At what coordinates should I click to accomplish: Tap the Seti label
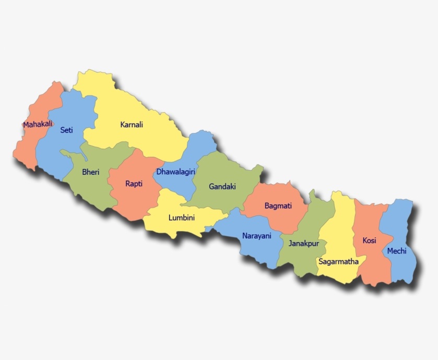click(x=66, y=130)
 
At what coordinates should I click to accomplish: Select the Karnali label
click(x=132, y=125)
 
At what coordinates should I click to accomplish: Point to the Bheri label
click(x=91, y=172)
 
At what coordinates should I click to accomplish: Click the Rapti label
click(x=134, y=183)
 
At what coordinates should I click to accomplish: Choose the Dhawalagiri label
click(x=176, y=171)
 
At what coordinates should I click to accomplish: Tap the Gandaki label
click(x=222, y=186)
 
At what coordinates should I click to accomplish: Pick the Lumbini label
click(x=182, y=218)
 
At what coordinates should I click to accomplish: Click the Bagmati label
click(x=278, y=206)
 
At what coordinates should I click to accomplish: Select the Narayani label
click(x=257, y=236)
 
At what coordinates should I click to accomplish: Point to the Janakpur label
click(x=303, y=244)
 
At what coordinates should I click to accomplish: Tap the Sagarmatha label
click(x=339, y=261)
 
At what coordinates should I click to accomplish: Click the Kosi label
click(x=369, y=241)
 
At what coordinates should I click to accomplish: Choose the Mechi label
click(x=397, y=251)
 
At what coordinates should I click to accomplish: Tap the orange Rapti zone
click(x=131, y=201)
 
